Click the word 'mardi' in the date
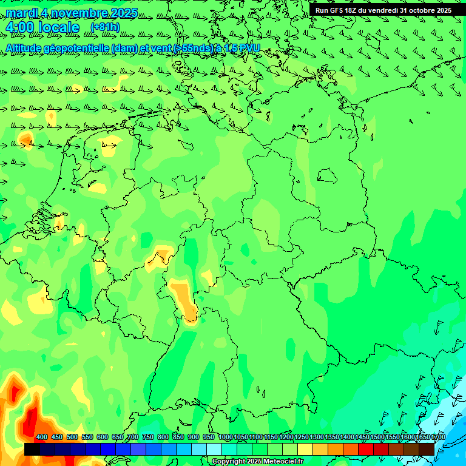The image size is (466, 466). [21, 13]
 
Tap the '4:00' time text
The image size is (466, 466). [20, 27]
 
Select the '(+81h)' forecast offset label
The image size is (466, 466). [105, 27]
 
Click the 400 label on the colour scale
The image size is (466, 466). [42, 437]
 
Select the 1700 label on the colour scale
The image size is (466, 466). [438, 437]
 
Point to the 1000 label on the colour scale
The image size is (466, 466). [226, 437]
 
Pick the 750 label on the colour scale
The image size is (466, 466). [148, 437]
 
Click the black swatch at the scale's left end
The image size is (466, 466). [32, 450]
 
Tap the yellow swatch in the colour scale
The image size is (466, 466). [305, 450]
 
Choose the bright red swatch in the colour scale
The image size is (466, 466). [366, 450]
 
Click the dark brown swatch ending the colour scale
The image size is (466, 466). [427, 450]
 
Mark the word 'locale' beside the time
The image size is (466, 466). [58, 27]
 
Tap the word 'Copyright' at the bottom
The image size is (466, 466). [229, 462]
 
